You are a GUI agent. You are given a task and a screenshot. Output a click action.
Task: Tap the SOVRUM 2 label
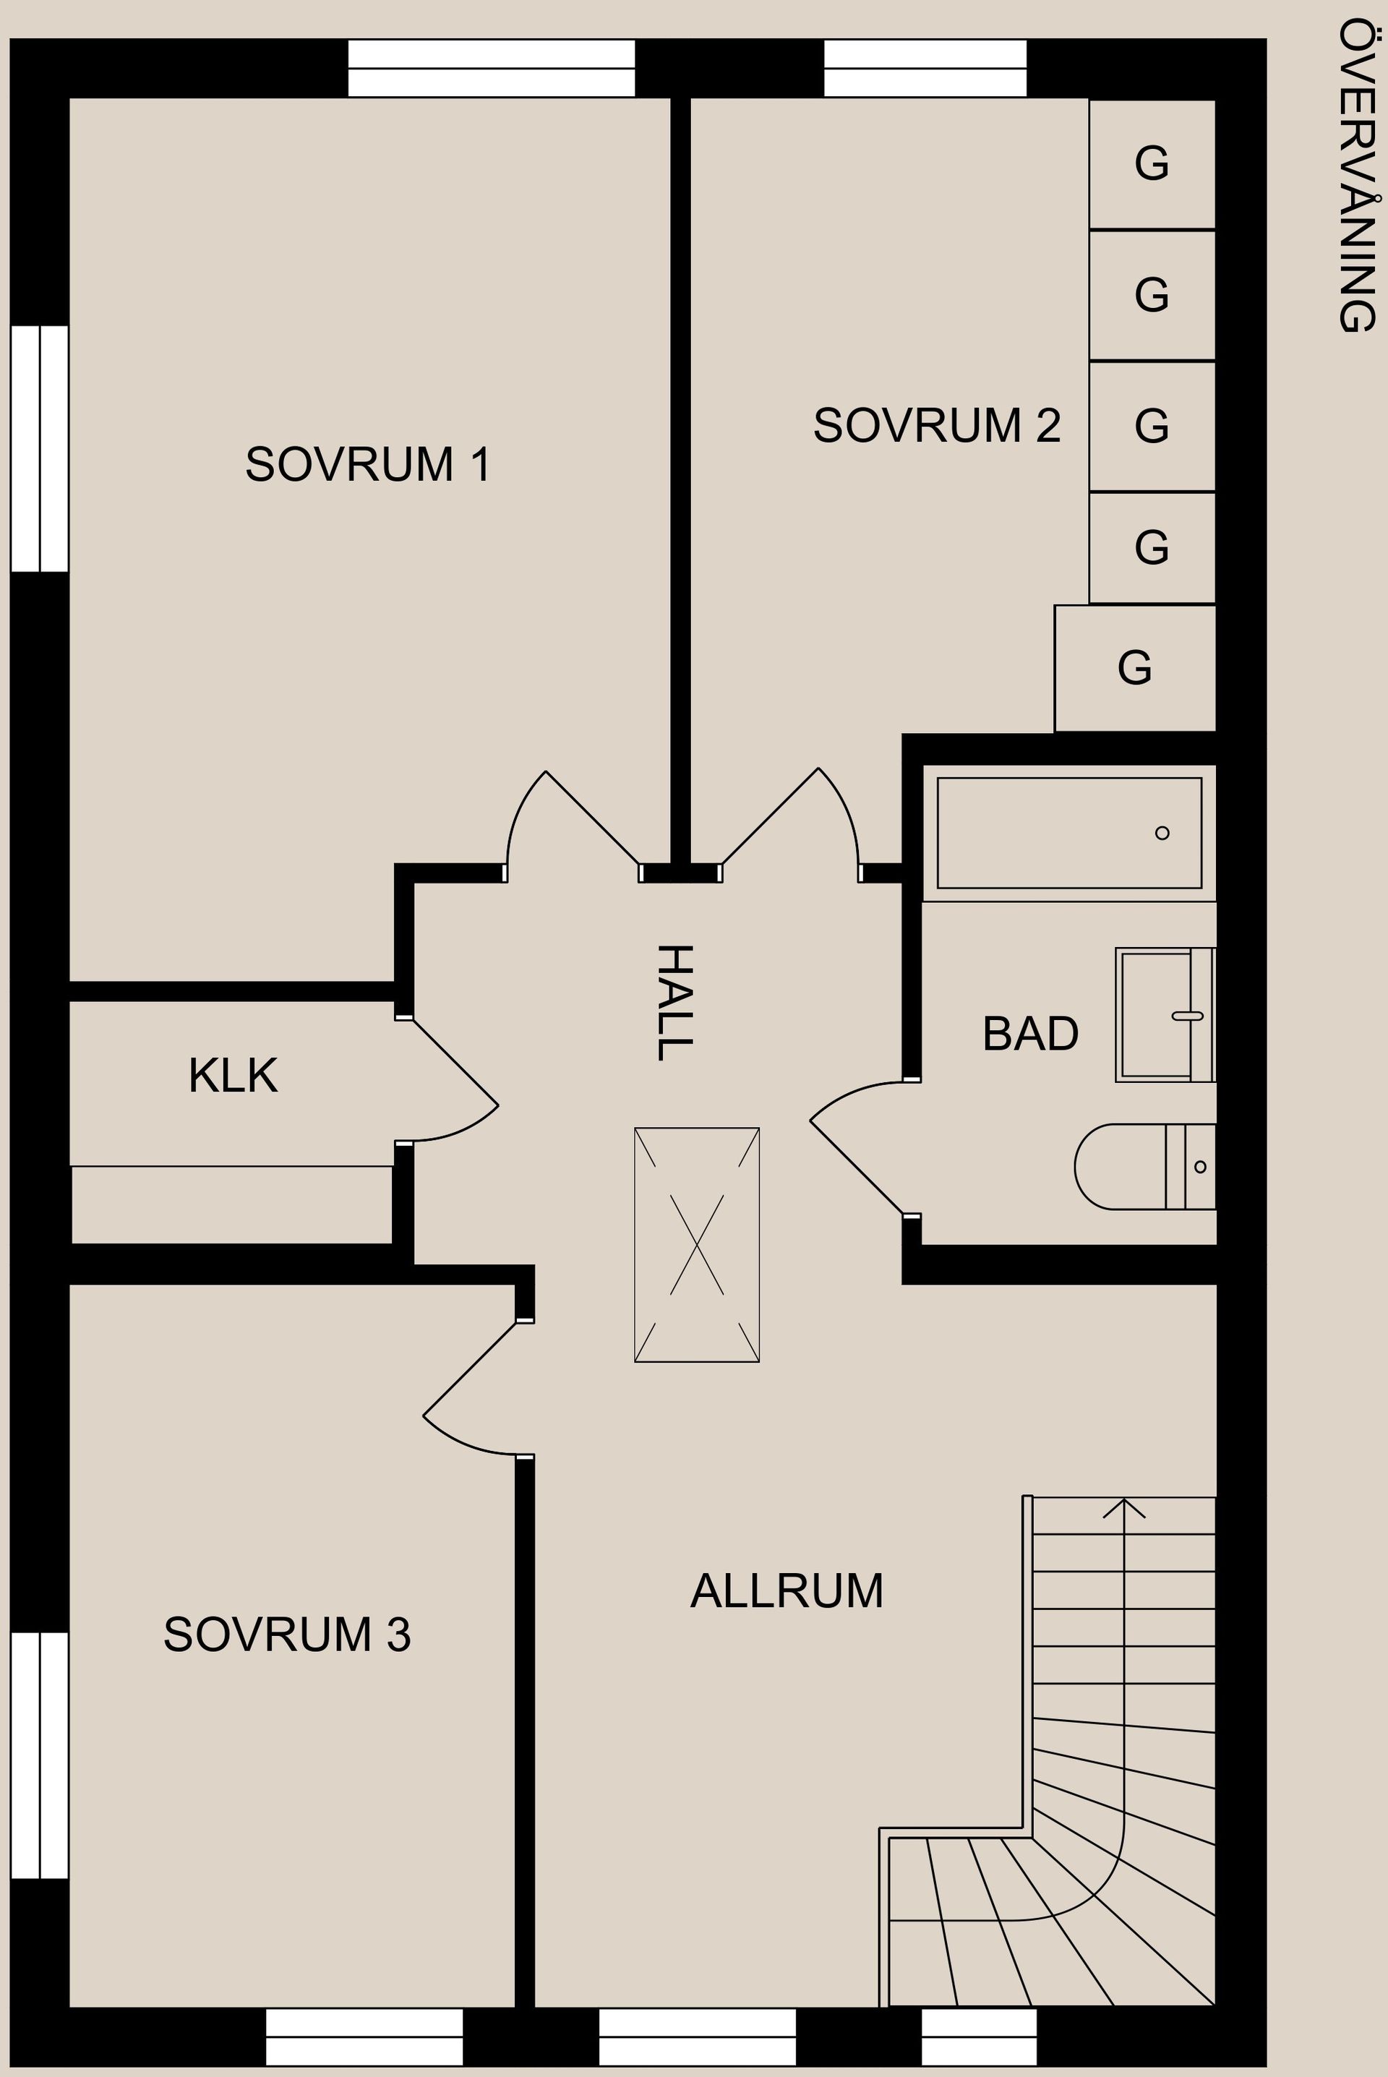point(937,426)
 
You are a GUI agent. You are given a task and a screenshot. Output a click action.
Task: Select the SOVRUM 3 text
point(287,1635)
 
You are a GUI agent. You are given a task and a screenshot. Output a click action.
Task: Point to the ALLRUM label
point(786,1591)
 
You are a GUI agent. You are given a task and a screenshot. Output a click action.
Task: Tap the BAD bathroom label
point(1029,1034)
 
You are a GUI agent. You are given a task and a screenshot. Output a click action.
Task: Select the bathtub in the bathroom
point(1068,833)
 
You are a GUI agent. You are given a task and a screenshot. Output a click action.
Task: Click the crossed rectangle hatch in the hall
point(697,1244)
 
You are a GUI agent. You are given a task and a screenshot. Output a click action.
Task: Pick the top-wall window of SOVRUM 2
point(925,68)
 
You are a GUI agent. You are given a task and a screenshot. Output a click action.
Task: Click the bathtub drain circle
point(1162,833)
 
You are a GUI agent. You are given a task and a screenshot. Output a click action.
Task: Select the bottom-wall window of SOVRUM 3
point(364,2035)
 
